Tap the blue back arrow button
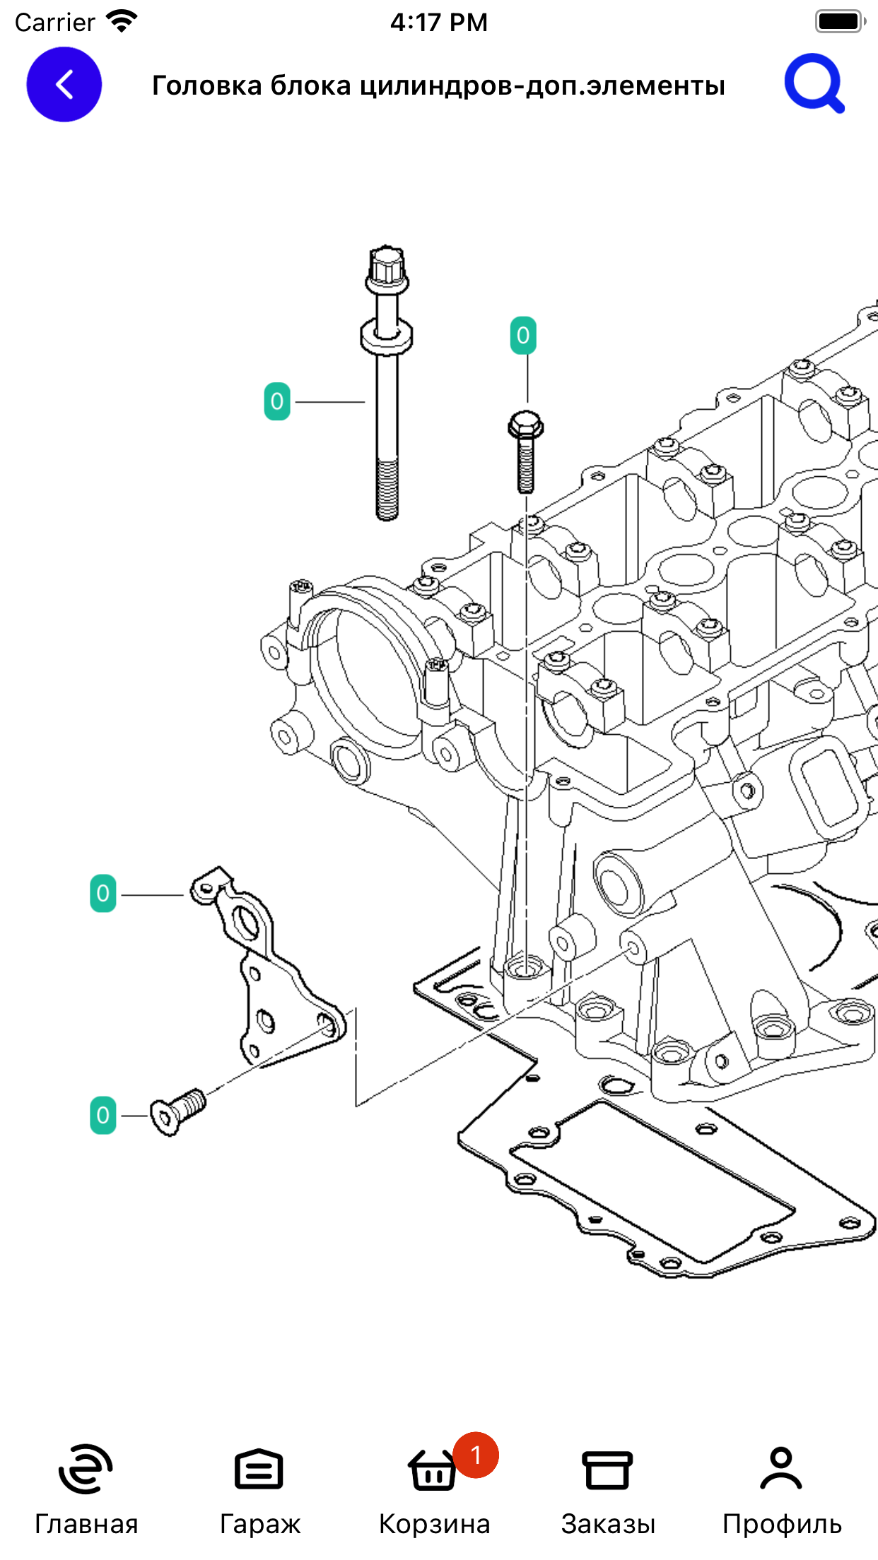64,85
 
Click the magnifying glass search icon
814,83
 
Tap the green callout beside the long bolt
277,401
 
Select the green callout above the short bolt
523,336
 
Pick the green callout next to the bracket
103,893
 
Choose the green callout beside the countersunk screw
103,1116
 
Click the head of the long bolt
387,270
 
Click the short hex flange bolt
525,451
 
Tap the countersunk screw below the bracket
178,1111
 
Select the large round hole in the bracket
245,923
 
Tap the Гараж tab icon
259,1470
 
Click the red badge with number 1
476,1455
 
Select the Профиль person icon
781,1468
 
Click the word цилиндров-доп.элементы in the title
543,85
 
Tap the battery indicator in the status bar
840,21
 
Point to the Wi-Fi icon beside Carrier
122,21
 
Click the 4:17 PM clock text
439,22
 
